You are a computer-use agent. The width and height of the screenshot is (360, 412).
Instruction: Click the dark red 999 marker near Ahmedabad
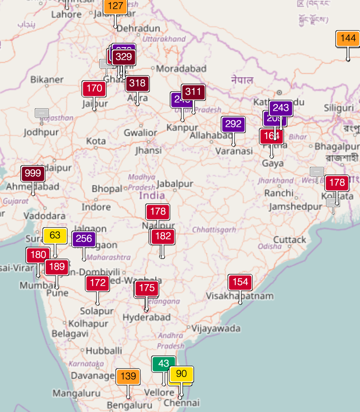pyautogui.click(x=33, y=173)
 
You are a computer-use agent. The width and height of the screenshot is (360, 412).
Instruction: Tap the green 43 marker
pyautogui.click(x=163, y=364)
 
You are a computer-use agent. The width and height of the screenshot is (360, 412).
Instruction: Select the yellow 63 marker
pyautogui.click(x=55, y=235)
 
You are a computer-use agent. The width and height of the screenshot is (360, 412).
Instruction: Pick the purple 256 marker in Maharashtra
pyautogui.click(x=84, y=239)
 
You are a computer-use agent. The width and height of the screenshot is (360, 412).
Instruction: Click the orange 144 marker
pyautogui.click(x=348, y=38)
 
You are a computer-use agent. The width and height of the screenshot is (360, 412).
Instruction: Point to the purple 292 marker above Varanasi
pyautogui.click(x=233, y=124)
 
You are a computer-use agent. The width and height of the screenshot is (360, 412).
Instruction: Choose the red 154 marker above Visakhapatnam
pyautogui.click(x=240, y=282)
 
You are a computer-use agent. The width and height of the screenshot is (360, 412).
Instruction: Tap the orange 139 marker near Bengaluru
pyautogui.click(x=128, y=376)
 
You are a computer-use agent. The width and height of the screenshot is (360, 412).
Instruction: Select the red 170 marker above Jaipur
pyautogui.click(x=94, y=88)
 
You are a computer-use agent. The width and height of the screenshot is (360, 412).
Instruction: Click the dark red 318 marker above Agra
pyautogui.click(x=137, y=83)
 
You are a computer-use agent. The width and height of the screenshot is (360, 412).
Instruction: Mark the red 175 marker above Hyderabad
pyautogui.click(x=147, y=288)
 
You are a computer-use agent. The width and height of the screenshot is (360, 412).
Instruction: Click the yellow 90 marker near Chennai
pyautogui.click(x=181, y=374)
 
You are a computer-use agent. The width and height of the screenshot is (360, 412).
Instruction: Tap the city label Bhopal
pyautogui.click(x=107, y=188)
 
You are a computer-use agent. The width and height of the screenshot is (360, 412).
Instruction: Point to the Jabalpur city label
pyautogui.click(x=175, y=184)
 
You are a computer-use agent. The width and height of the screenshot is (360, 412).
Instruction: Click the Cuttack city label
pyautogui.click(x=290, y=240)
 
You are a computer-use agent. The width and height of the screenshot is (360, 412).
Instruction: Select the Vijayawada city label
pyautogui.click(x=216, y=328)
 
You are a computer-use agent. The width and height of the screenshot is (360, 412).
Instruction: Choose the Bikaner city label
pyautogui.click(x=47, y=79)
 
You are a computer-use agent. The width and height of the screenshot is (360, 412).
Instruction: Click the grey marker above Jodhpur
pyautogui.click(x=42, y=113)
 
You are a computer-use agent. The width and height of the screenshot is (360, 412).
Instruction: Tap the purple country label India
pyautogui.click(x=152, y=195)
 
